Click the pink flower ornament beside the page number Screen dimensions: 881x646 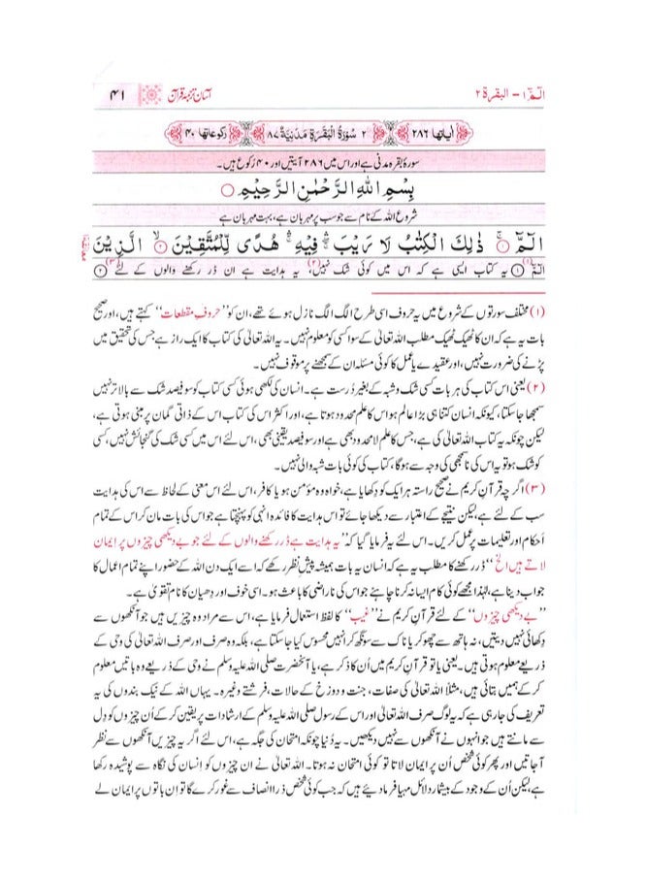[x=150, y=96]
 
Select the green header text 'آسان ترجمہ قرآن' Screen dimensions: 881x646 [x=208, y=96]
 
